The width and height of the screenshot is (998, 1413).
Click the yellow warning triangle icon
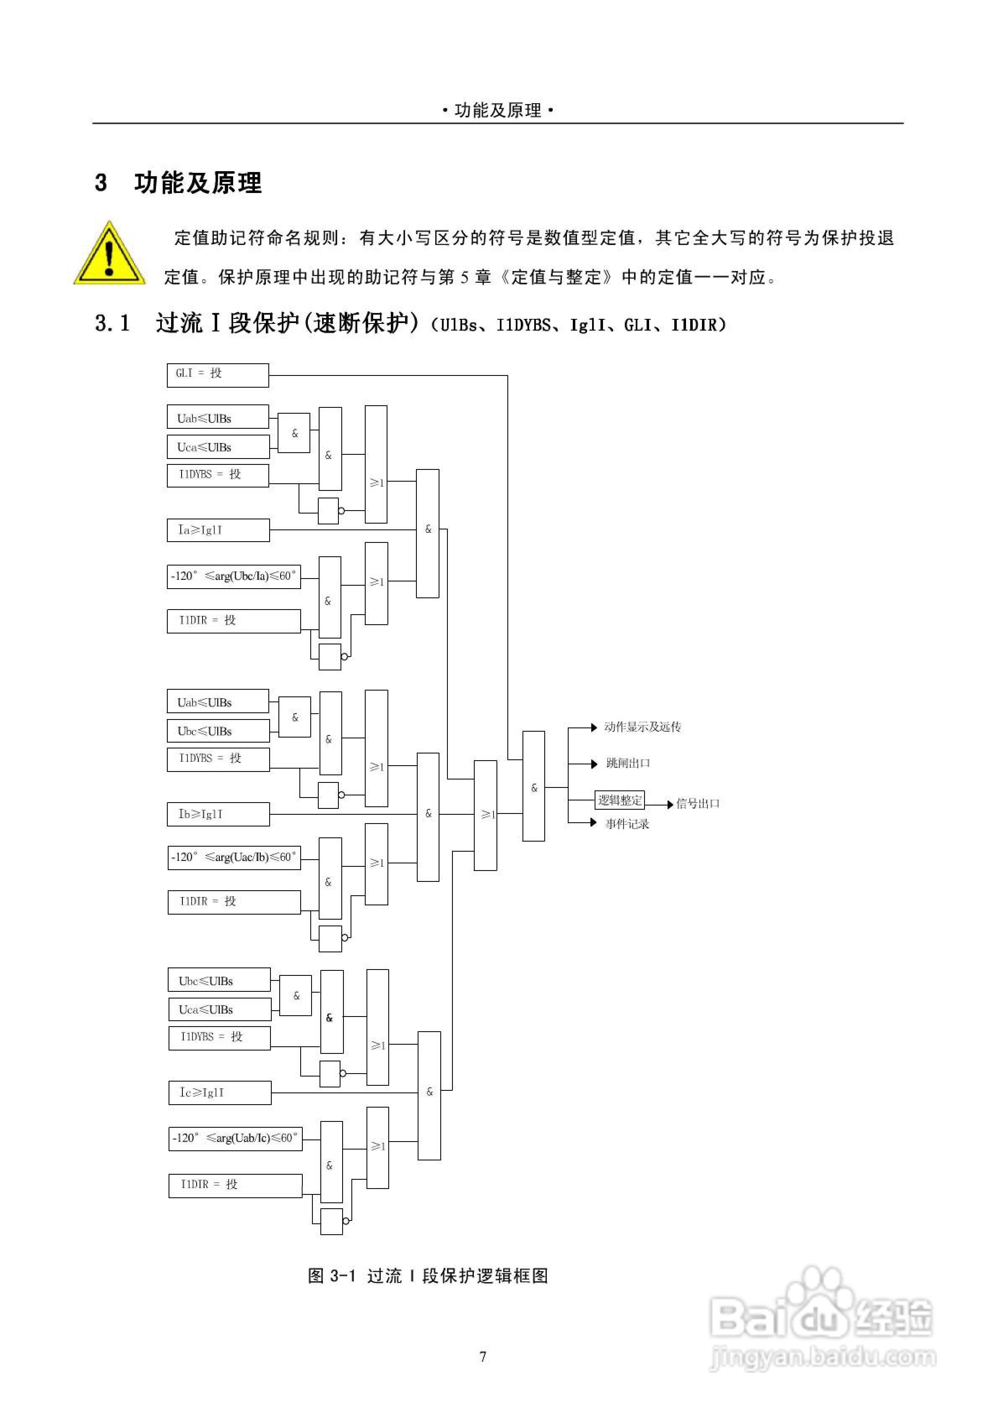pyautogui.click(x=109, y=254)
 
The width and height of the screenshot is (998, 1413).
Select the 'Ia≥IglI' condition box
pyautogui.click(x=218, y=530)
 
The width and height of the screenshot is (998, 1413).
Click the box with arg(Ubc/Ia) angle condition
pyautogui.click(x=234, y=576)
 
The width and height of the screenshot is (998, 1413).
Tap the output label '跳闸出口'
pyautogui.click(x=628, y=763)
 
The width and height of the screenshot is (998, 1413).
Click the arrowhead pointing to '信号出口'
pyautogui.click(x=670, y=804)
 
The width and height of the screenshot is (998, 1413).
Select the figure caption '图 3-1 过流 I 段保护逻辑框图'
pyautogui.click(x=428, y=1276)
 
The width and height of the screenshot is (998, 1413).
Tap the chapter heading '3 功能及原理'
pyautogui.click(x=179, y=183)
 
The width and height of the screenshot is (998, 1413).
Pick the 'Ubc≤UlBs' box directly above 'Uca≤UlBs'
pyautogui.click(x=219, y=981)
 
